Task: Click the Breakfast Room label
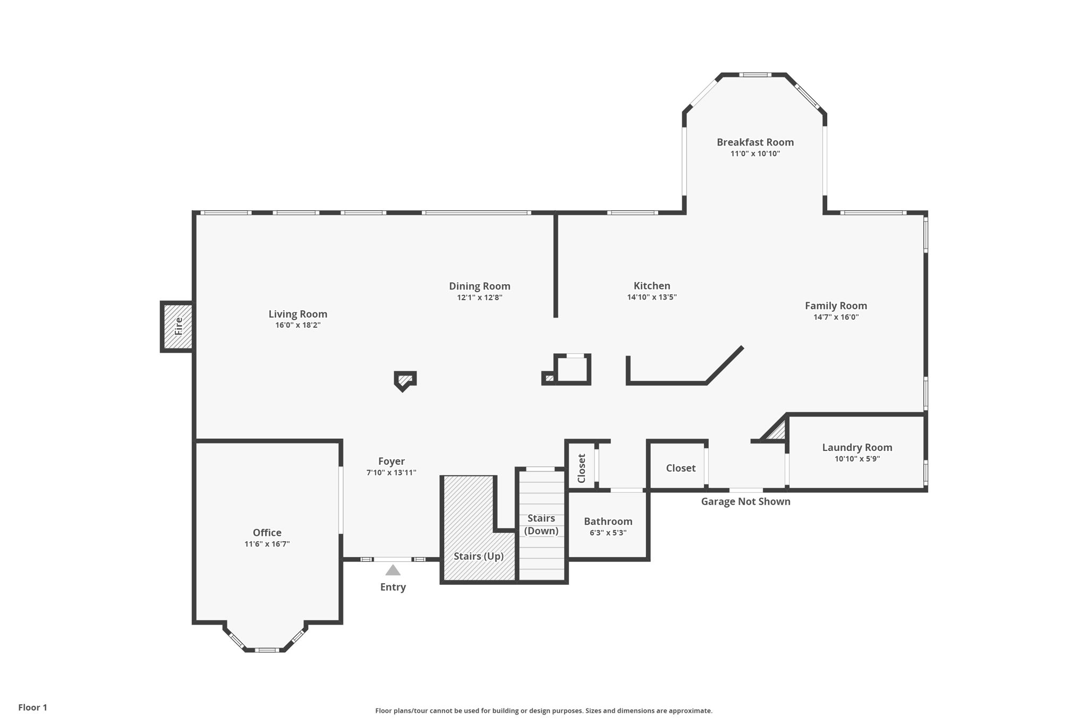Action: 755,142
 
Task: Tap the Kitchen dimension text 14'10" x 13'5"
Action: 652,297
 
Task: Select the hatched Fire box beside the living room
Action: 177,326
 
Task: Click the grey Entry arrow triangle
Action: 393,570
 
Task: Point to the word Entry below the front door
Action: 393,587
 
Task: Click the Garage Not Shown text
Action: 745,501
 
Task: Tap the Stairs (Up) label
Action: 479,557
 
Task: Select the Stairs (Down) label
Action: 541,525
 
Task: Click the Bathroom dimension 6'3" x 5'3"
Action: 608,533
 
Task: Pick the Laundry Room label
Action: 857,448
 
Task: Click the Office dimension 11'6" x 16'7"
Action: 267,544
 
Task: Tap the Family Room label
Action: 836,306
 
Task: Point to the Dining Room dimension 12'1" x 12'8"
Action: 480,297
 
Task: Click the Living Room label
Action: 297,314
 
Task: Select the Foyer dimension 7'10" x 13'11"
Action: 392,473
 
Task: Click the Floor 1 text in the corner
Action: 33,707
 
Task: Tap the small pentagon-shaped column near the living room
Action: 405,380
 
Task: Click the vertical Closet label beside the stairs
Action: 581,468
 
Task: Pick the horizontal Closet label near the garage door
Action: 681,468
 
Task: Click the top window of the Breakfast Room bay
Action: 754,75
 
